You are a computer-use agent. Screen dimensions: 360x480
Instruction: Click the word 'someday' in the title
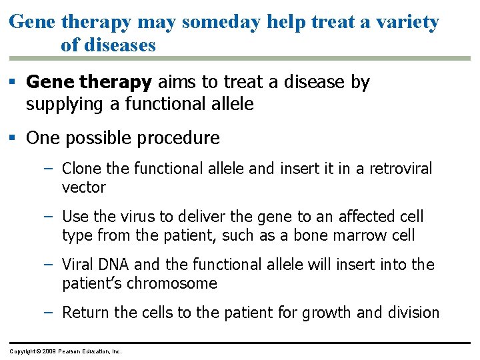coord(223,22)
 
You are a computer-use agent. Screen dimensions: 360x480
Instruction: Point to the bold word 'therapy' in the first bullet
coord(115,82)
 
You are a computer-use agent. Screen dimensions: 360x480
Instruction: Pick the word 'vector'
coord(83,187)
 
